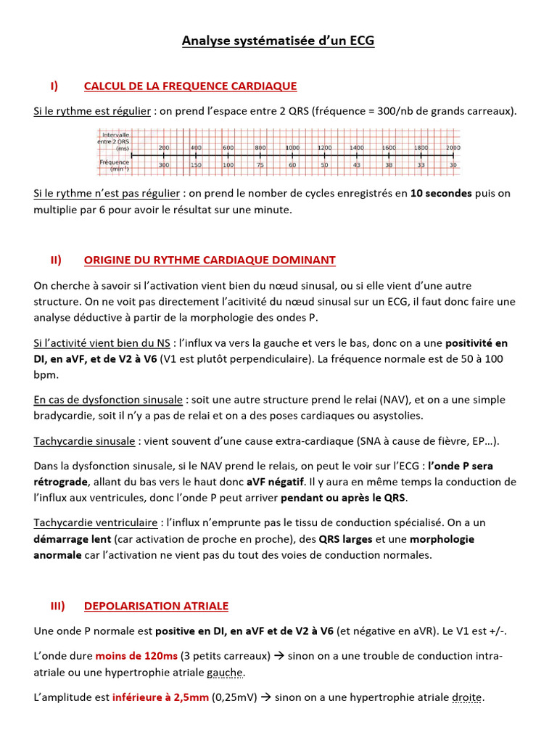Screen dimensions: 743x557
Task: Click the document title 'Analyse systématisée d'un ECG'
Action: [x=278, y=41]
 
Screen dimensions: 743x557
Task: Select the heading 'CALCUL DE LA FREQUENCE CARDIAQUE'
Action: [x=190, y=86]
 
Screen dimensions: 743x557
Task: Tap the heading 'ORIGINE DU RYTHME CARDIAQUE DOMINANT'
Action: [x=210, y=260]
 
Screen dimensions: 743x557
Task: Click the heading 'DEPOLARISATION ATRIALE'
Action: [x=156, y=605]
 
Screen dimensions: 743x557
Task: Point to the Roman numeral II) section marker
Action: [x=55, y=260]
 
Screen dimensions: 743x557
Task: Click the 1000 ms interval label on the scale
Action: [x=292, y=147]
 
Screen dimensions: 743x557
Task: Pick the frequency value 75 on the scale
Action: [x=260, y=165]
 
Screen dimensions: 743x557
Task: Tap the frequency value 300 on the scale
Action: [x=164, y=165]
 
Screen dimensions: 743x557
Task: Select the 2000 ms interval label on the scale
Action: [x=453, y=147]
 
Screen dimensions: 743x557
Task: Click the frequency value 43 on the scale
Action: [x=357, y=165]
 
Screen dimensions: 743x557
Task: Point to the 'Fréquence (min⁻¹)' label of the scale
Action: [x=115, y=165]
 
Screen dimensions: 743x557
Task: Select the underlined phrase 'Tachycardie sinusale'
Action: [x=84, y=441]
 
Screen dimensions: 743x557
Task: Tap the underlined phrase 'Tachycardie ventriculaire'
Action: [x=96, y=522]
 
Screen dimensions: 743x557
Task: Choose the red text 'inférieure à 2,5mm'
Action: [x=160, y=697]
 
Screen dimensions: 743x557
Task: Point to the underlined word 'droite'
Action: [x=467, y=697]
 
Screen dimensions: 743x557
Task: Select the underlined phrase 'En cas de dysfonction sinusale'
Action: [x=108, y=399]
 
